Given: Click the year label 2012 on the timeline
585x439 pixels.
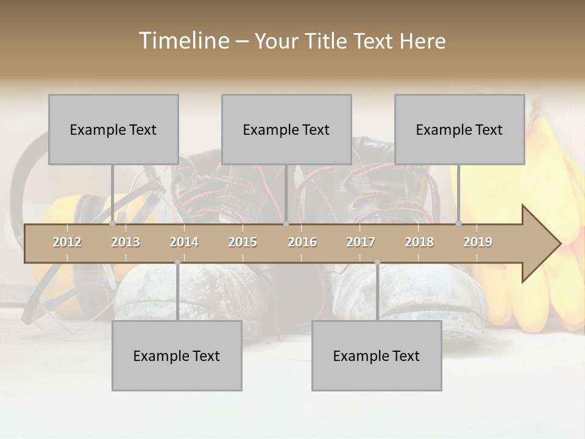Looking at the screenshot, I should (67, 242).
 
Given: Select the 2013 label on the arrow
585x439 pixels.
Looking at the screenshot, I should (126, 242).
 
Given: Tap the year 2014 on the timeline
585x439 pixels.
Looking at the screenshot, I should (184, 242).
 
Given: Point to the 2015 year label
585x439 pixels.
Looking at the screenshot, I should (243, 242).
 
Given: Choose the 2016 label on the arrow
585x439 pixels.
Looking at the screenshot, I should (302, 242).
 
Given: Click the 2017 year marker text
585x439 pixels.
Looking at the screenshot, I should (361, 242).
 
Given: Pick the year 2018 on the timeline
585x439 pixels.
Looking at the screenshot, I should (419, 242).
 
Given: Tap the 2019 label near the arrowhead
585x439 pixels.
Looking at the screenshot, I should (478, 242).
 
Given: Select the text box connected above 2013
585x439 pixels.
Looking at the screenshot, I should (113, 129).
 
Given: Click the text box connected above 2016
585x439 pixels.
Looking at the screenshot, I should (286, 129).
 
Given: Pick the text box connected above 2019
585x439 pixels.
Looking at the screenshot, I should (459, 129).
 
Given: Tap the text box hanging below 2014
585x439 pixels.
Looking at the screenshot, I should (177, 355).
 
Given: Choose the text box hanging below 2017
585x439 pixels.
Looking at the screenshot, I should (377, 355).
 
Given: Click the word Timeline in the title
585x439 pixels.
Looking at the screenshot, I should (183, 41).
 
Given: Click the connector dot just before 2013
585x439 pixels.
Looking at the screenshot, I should (113, 224).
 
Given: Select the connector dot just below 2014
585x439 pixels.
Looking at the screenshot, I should (177, 262).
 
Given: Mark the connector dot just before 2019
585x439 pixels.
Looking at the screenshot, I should (459, 224).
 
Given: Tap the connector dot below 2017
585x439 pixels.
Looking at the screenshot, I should (377, 262).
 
